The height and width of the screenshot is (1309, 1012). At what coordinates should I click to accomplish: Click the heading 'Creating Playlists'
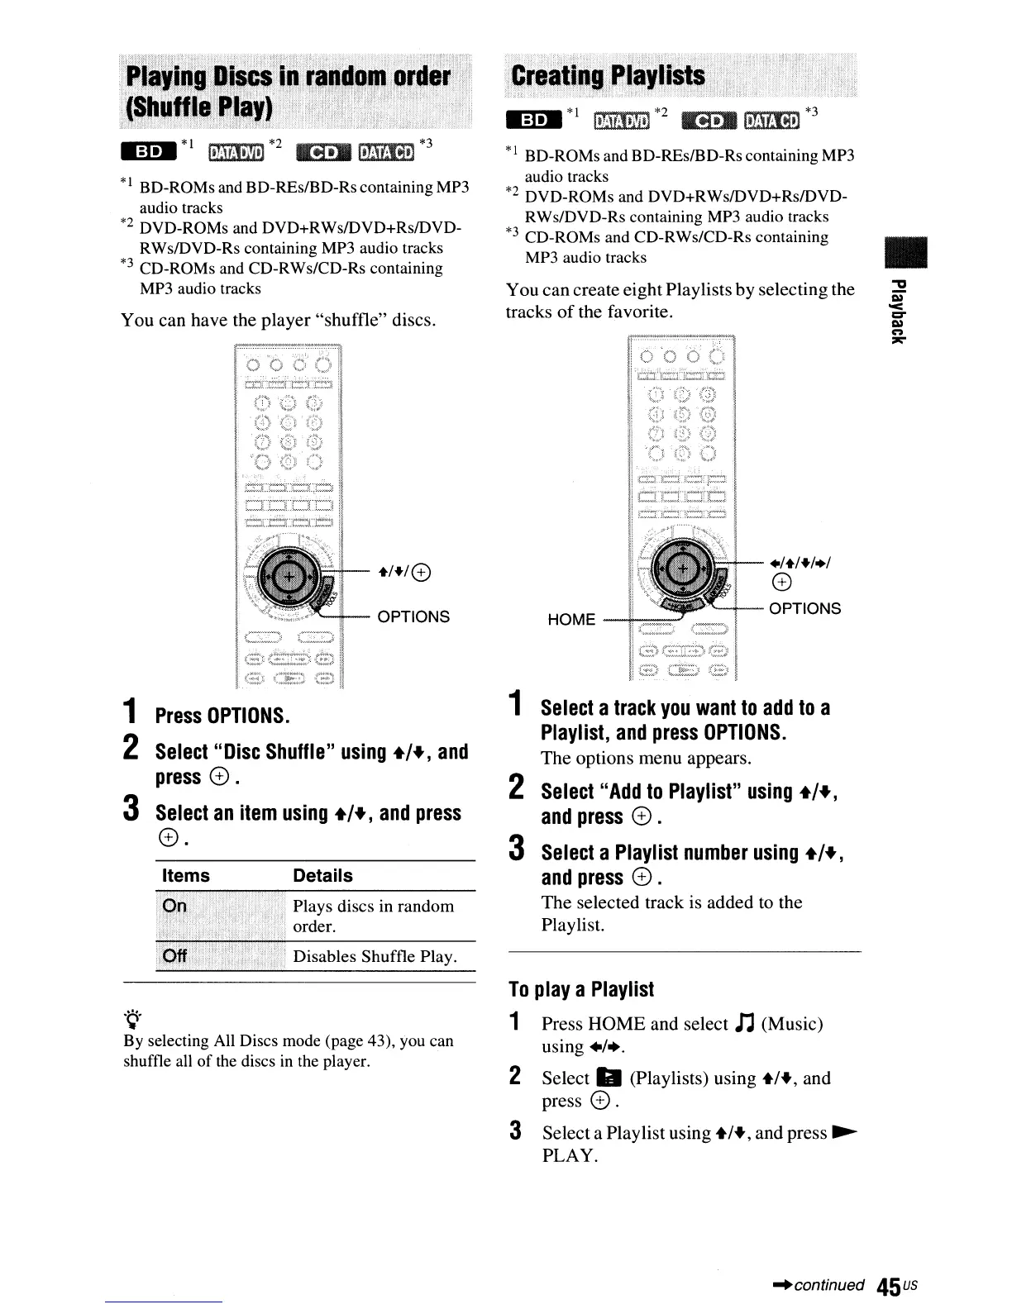[x=608, y=76]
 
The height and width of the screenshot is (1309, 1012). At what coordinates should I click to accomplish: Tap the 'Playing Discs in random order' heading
[x=288, y=77]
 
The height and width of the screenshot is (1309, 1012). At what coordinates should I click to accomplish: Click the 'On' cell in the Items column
[x=175, y=906]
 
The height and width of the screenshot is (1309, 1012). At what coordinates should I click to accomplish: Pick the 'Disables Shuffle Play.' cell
[x=375, y=956]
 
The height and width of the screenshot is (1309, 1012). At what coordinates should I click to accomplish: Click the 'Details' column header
[x=322, y=876]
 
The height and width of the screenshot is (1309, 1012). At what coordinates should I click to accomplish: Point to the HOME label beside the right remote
[x=571, y=620]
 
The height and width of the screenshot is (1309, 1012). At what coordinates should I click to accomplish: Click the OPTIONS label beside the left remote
[x=413, y=616]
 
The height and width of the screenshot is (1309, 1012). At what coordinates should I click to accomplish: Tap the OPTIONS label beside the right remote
[x=804, y=608]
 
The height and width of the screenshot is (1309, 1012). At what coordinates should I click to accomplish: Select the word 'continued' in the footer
[x=828, y=1285]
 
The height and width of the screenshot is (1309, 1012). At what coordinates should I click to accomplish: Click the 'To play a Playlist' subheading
[x=581, y=989]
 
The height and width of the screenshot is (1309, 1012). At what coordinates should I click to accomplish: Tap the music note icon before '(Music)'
[x=743, y=1024]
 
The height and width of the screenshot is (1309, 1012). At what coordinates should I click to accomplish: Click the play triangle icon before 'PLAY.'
[x=844, y=1132]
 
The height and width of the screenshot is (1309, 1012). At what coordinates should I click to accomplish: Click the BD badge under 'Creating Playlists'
[x=534, y=120]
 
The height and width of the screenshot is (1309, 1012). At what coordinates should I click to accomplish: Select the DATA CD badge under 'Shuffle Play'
[x=390, y=151]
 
